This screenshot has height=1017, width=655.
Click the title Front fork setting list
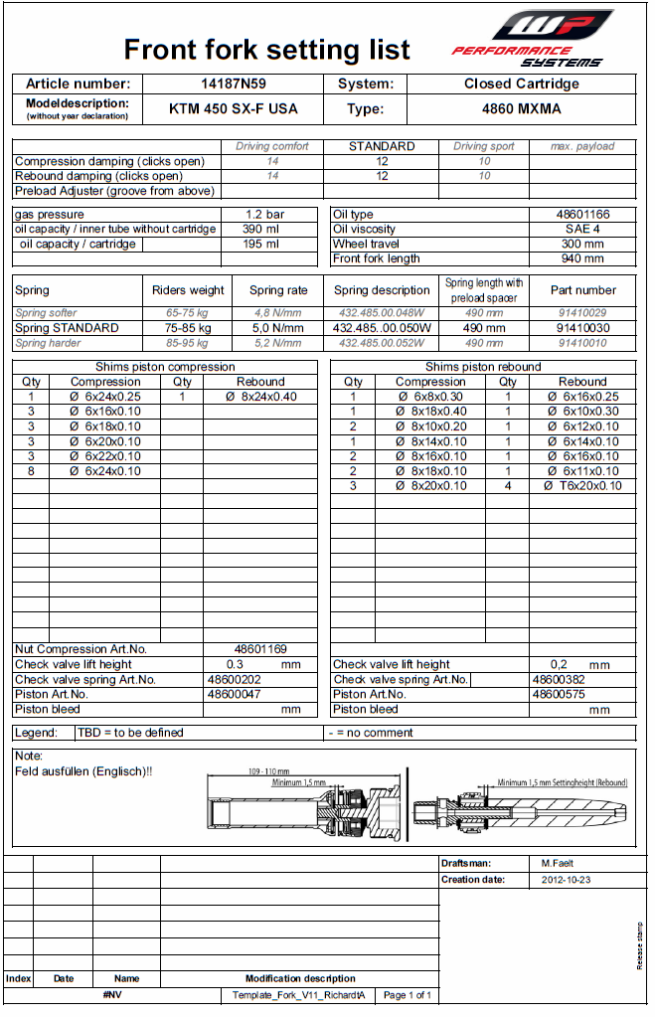(x=266, y=49)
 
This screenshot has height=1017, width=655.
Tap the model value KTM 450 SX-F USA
(x=235, y=109)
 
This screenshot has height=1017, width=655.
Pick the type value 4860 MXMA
(x=521, y=109)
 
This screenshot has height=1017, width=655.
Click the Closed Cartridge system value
(x=521, y=85)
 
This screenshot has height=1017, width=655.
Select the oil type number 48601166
(x=582, y=215)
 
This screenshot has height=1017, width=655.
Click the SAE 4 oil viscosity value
(x=582, y=230)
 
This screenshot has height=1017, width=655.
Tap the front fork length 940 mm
(x=582, y=258)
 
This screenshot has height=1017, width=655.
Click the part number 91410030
(x=582, y=328)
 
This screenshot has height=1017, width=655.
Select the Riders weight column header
(x=188, y=291)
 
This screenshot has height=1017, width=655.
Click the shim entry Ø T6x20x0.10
(x=582, y=486)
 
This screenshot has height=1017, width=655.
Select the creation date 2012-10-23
(x=566, y=880)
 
